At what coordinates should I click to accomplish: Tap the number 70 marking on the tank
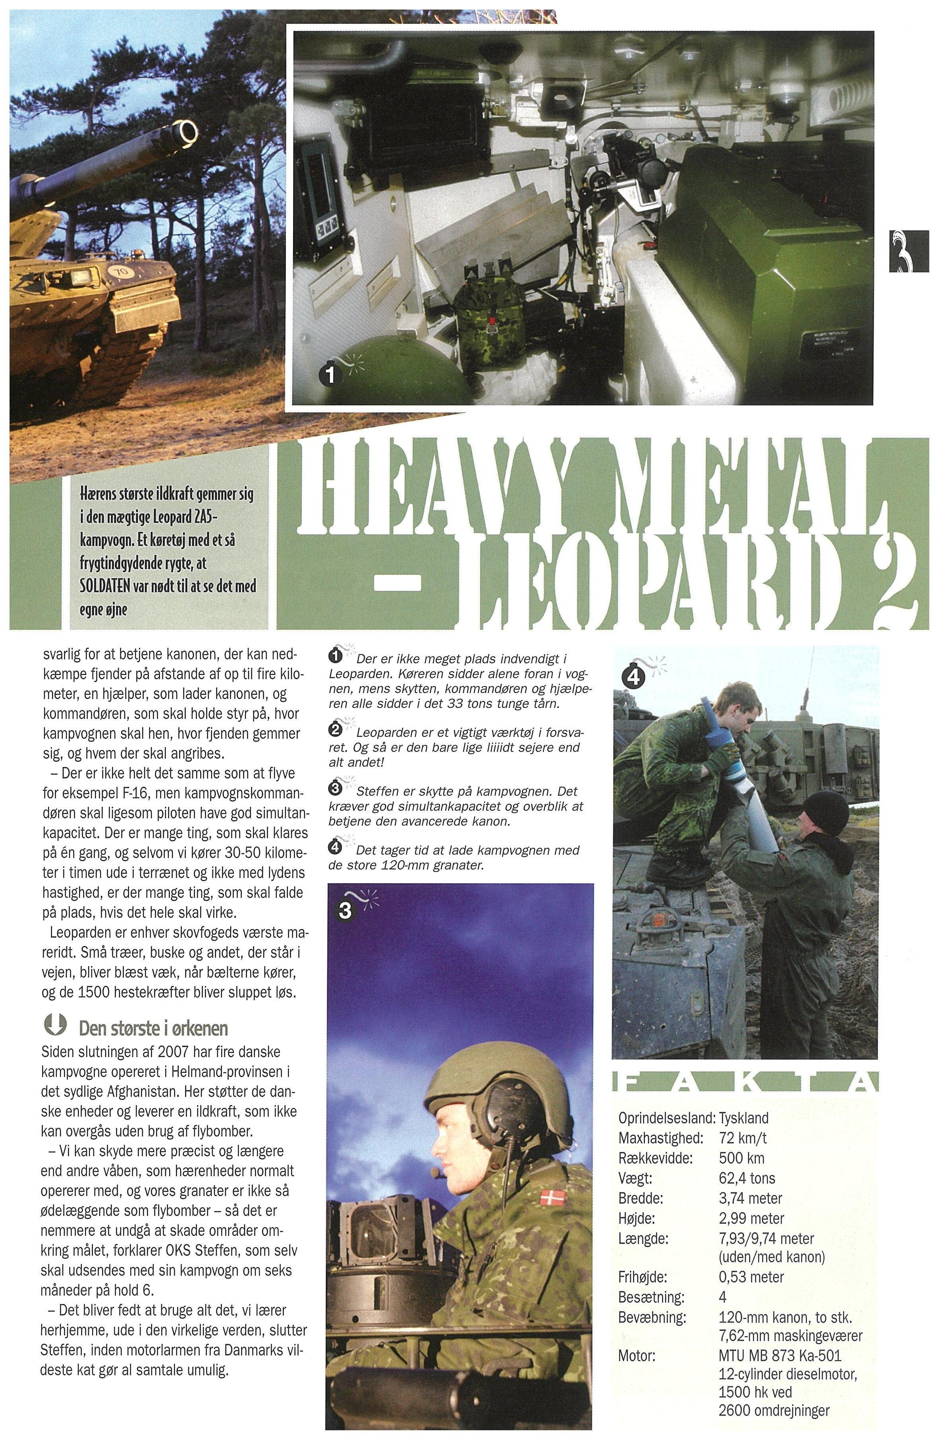click(121, 272)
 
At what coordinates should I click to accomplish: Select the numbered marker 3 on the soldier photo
click(345, 910)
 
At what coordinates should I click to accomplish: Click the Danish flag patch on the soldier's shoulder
click(550, 1196)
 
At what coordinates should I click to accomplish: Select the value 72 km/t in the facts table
click(743, 1138)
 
